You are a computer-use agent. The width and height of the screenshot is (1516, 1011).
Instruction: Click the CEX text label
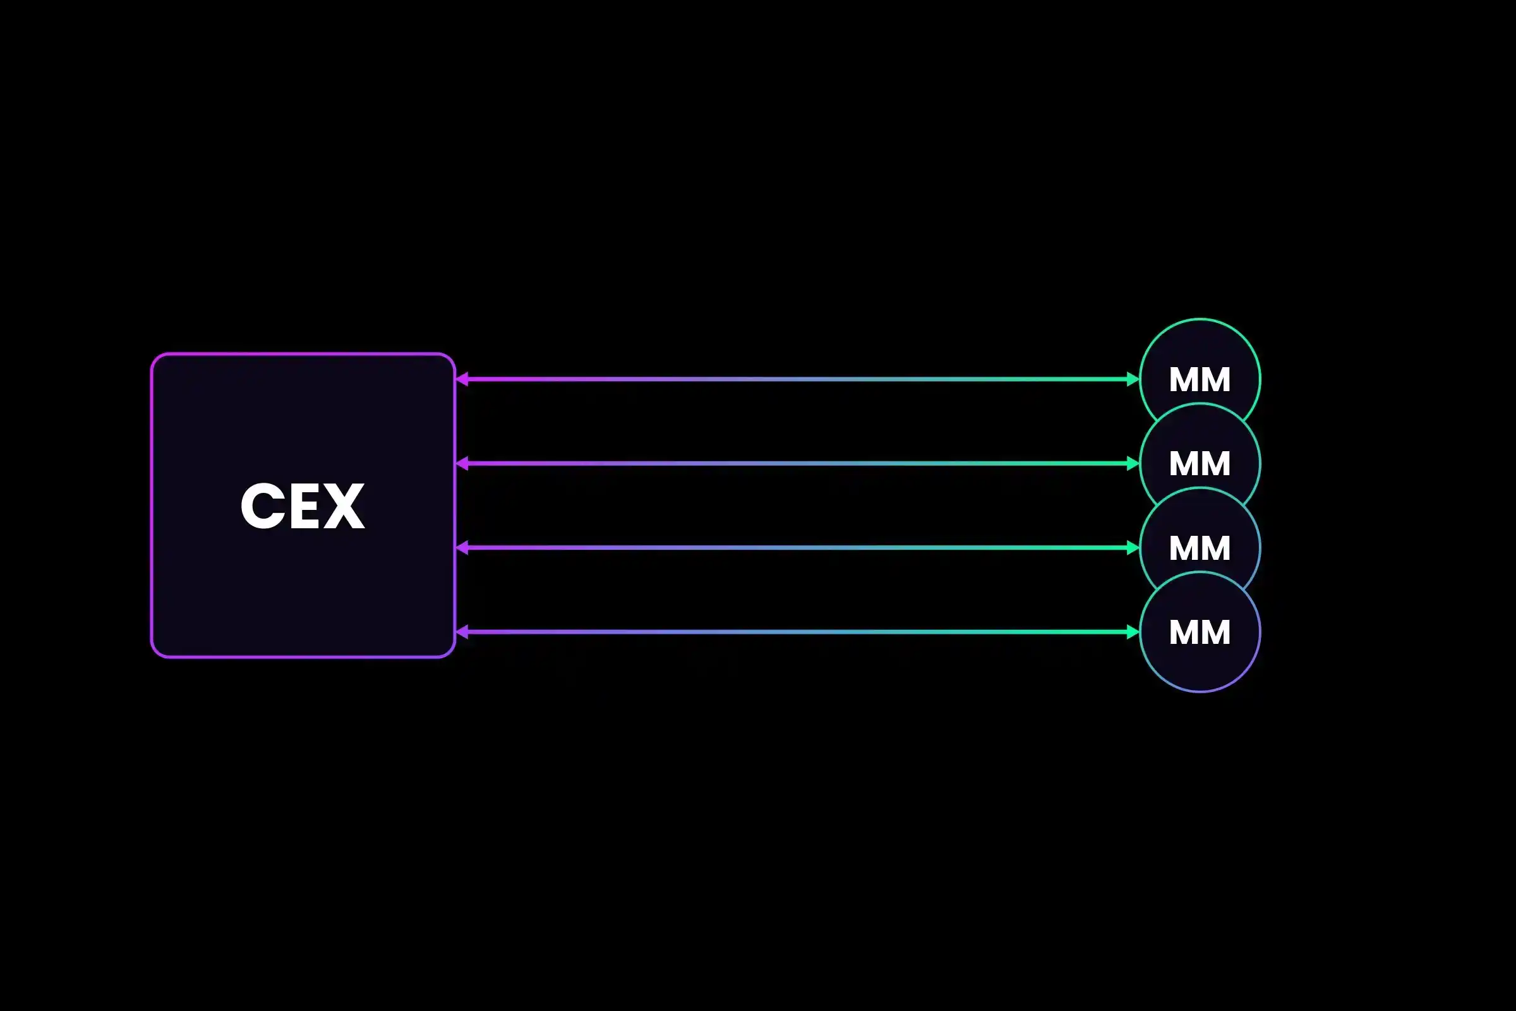[x=303, y=506]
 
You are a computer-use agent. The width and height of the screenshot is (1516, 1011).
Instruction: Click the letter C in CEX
[x=263, y=506]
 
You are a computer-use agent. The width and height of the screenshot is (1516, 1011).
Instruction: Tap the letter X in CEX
[x=344, y=506]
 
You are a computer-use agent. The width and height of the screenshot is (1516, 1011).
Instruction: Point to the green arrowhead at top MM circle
[x=1133, y=379]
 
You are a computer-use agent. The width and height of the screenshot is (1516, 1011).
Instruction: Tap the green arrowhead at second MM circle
[x=1133, y=464]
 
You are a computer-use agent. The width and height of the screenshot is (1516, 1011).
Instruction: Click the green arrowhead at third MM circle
[x=1133, y=548]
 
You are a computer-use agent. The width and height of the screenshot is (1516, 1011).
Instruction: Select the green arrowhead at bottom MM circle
[x=1133, y=632]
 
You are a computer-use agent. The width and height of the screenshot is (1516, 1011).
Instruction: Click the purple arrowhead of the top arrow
[x=462, y=379]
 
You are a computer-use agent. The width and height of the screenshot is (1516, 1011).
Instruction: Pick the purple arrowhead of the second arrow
[x=462, y=464]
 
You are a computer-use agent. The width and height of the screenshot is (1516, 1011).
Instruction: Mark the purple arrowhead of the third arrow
[x=462, y=548]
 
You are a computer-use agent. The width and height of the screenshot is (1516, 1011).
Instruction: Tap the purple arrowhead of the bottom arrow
[x=462, y=632]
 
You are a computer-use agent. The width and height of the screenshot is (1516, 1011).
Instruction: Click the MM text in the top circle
[x=1200, y=379]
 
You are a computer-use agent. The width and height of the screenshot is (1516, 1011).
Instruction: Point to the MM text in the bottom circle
[x=1200, y=632]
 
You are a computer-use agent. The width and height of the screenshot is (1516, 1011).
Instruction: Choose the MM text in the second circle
[x=1200, y=464]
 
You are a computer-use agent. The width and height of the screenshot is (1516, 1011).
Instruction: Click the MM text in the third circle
[x=1200, y=548]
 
